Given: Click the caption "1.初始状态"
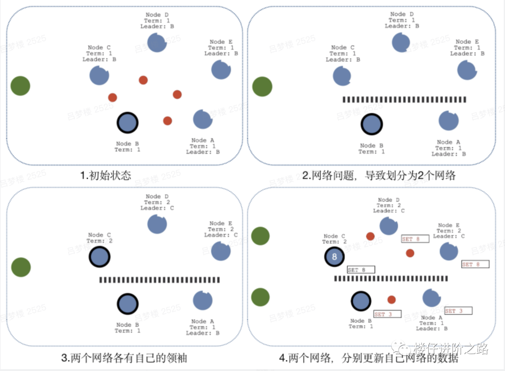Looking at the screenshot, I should pos(105,176).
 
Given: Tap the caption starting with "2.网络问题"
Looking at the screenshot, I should pos(379,176).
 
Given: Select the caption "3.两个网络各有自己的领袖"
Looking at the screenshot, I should pos(124,358).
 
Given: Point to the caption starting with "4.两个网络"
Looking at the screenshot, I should pos(369,358).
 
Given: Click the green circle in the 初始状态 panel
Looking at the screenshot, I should pos(20,86).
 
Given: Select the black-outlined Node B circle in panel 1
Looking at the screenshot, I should pos(127,123).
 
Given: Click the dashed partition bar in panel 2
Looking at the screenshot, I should pos(404,99).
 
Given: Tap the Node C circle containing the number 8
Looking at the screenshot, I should pos(334,257).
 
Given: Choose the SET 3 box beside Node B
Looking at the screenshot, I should pos(387,314).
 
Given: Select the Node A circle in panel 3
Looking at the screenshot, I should pos(202,300).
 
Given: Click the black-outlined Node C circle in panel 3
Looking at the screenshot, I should pos(100,257).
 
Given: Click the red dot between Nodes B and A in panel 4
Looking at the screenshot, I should pos(391,299).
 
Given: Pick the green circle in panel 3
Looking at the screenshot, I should pos(21,267).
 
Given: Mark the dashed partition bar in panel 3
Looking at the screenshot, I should pos(166,280).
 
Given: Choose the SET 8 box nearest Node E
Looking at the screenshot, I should pos(475,264).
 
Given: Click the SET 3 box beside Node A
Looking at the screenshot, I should pos(458,311).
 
